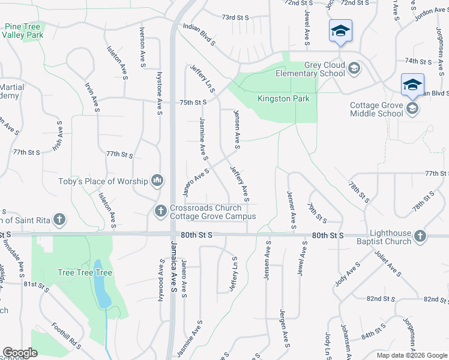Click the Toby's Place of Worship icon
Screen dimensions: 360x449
157,180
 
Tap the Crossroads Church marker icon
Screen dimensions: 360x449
160,211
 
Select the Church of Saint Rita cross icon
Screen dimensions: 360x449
59,220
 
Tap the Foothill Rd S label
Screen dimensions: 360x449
66,336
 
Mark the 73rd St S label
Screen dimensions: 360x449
235,17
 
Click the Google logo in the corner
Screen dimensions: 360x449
20,353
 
